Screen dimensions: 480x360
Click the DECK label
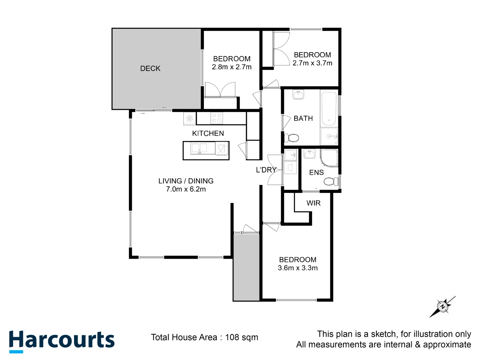[x=150, y=69]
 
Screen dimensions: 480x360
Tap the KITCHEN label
[x=208, y=133]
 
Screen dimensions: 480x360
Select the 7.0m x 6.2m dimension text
[x=186, y=189]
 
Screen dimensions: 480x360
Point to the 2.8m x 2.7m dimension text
[x=232, y=67]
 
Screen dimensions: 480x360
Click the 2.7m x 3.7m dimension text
[x=312, y=63]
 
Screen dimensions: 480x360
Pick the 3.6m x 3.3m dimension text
[x=298, y=268]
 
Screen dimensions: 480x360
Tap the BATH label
[x=303, y=118]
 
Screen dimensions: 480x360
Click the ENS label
[x=316, y=172]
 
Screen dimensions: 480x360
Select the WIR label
[x=314, y=203]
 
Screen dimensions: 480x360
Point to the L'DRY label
[x=266, y=170]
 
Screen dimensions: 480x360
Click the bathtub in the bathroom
[x=329, y=109]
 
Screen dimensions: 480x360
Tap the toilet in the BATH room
[x=291, y=138]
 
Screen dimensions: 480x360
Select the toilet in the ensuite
[x=331, y=181]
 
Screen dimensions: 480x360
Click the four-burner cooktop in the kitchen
[x=217, y=118]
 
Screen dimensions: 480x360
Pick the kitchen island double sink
[x=199, y=148]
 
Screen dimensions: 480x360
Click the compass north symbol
[x=443, y=307]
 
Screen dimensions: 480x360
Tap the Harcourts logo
[x=62, y=341]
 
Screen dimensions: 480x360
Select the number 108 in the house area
[x=232, y=337]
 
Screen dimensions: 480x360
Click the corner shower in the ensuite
[x=329, y=158]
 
